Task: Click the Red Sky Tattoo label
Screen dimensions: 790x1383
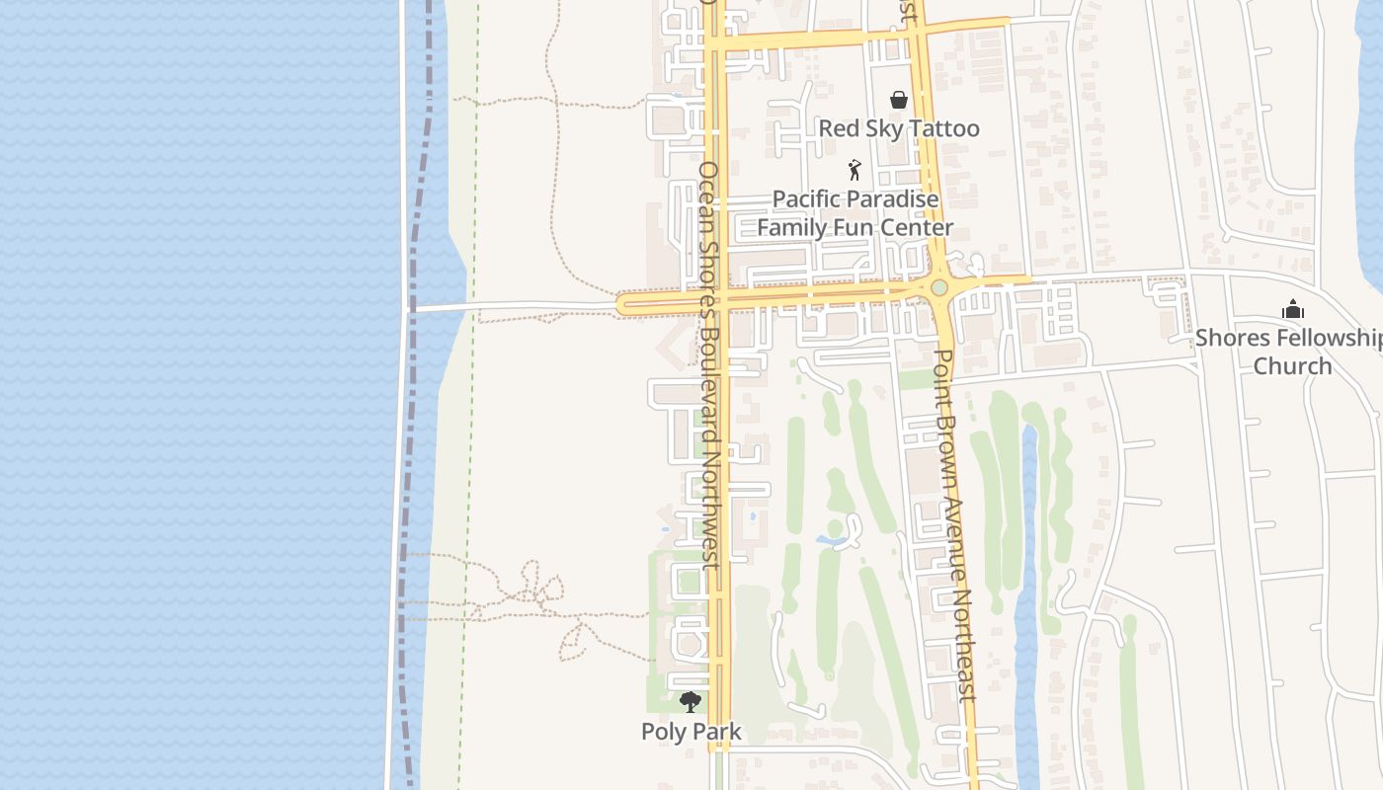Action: (899, 128)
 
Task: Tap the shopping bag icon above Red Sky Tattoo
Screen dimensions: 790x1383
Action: (899, 100)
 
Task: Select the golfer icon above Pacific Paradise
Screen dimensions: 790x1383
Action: (854, 170)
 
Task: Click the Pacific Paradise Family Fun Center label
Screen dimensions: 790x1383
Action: (855, 213)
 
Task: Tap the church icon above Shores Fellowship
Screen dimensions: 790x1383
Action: (1292, 310)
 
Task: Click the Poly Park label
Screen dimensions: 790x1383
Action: (691, 732)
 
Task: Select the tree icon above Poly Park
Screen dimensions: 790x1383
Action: (691, 702)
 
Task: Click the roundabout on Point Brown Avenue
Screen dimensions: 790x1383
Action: (938, 287)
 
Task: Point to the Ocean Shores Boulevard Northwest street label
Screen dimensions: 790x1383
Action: (708, 365)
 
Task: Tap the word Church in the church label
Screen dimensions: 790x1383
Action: (1292, 366)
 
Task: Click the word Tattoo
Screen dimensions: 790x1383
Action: (942, 128)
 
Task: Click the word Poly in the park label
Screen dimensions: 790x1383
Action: (662, 732)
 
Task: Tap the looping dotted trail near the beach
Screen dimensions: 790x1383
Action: (538, 585)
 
